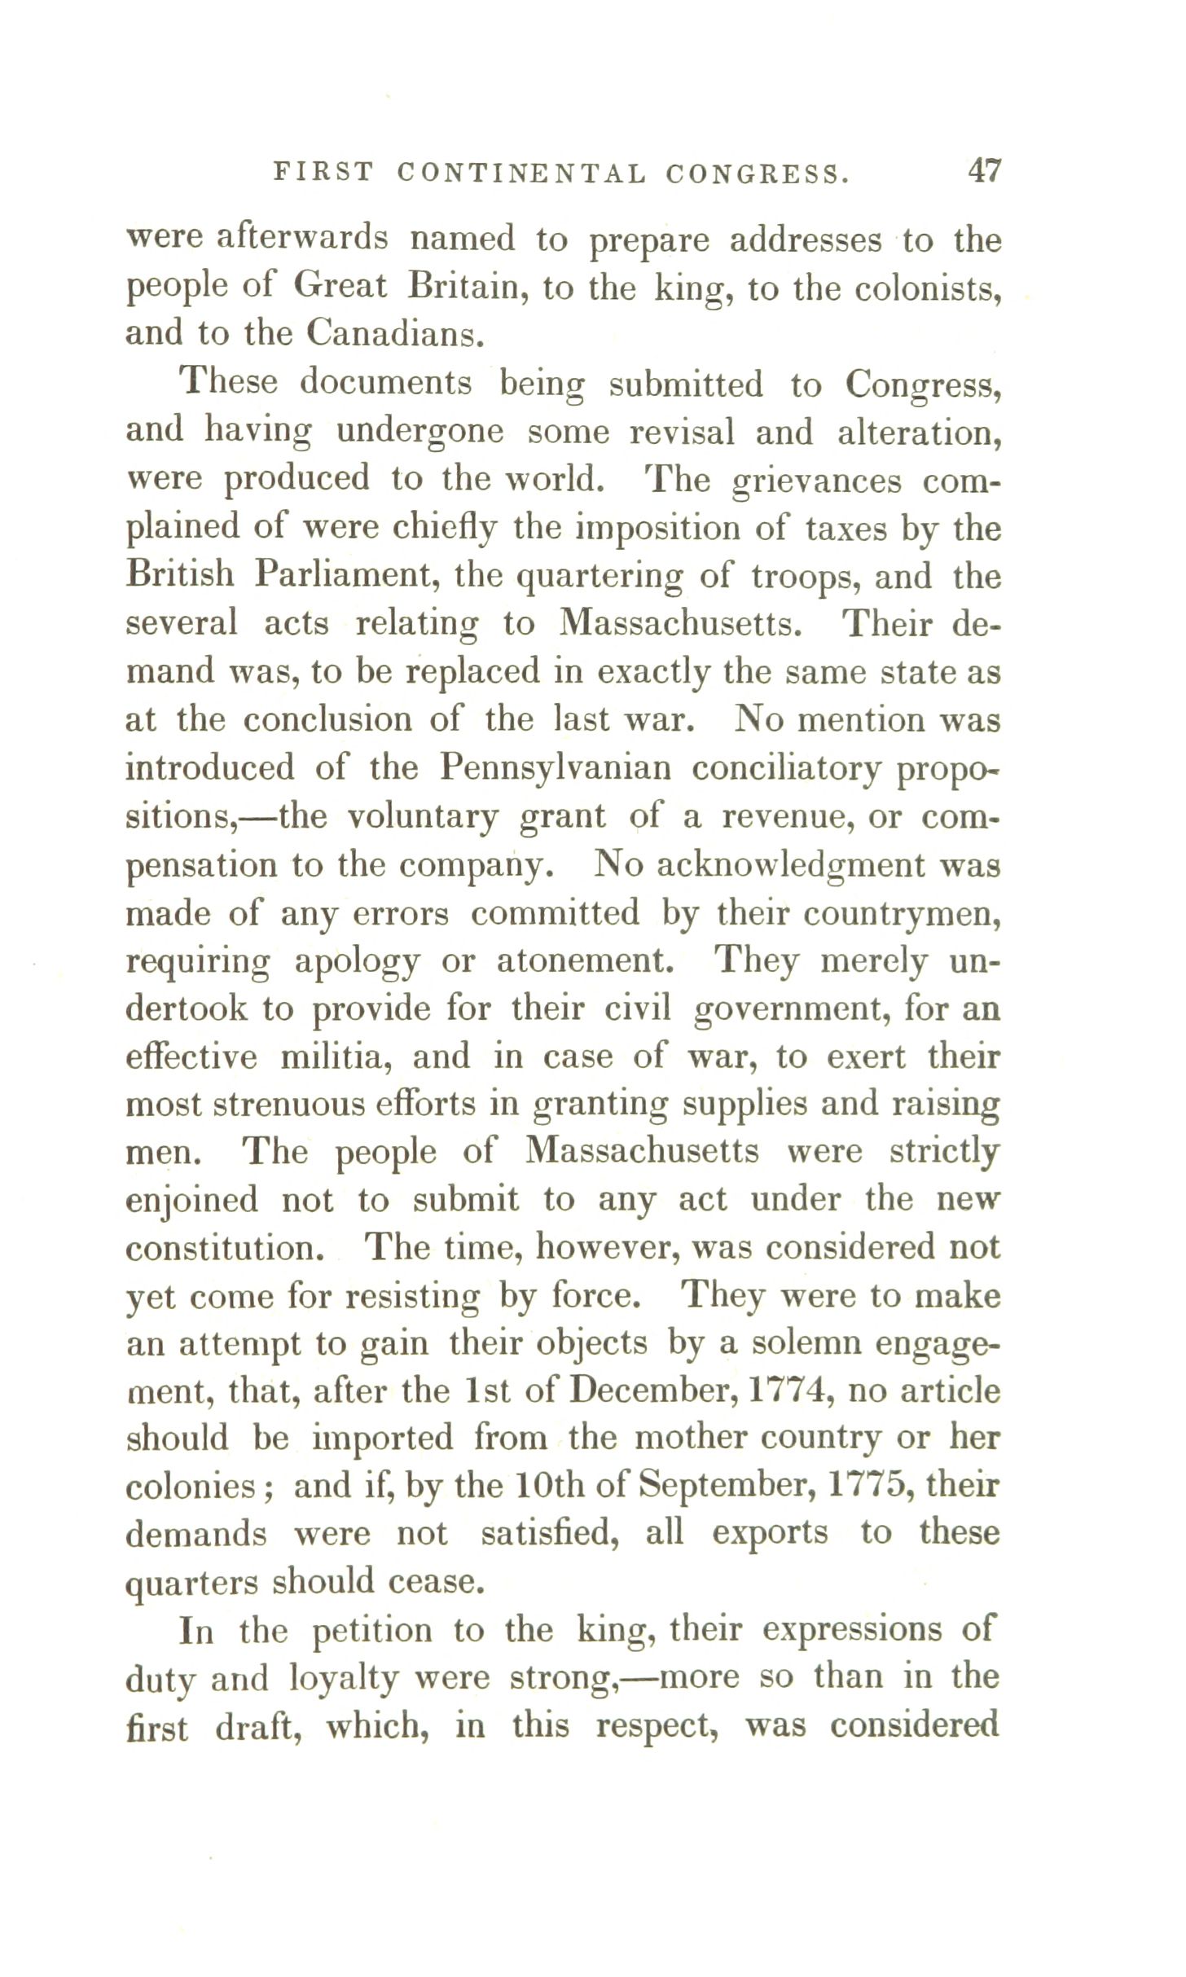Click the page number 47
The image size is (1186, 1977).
[x=984, y=172]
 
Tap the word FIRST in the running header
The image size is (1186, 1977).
[x=323, y=173]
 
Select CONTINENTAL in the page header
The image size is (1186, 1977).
[x=521, y=173]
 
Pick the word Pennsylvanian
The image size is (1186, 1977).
[x=556, y=767]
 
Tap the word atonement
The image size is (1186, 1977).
[x=586, y=961]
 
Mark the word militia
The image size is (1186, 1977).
[x=334, y=1057]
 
